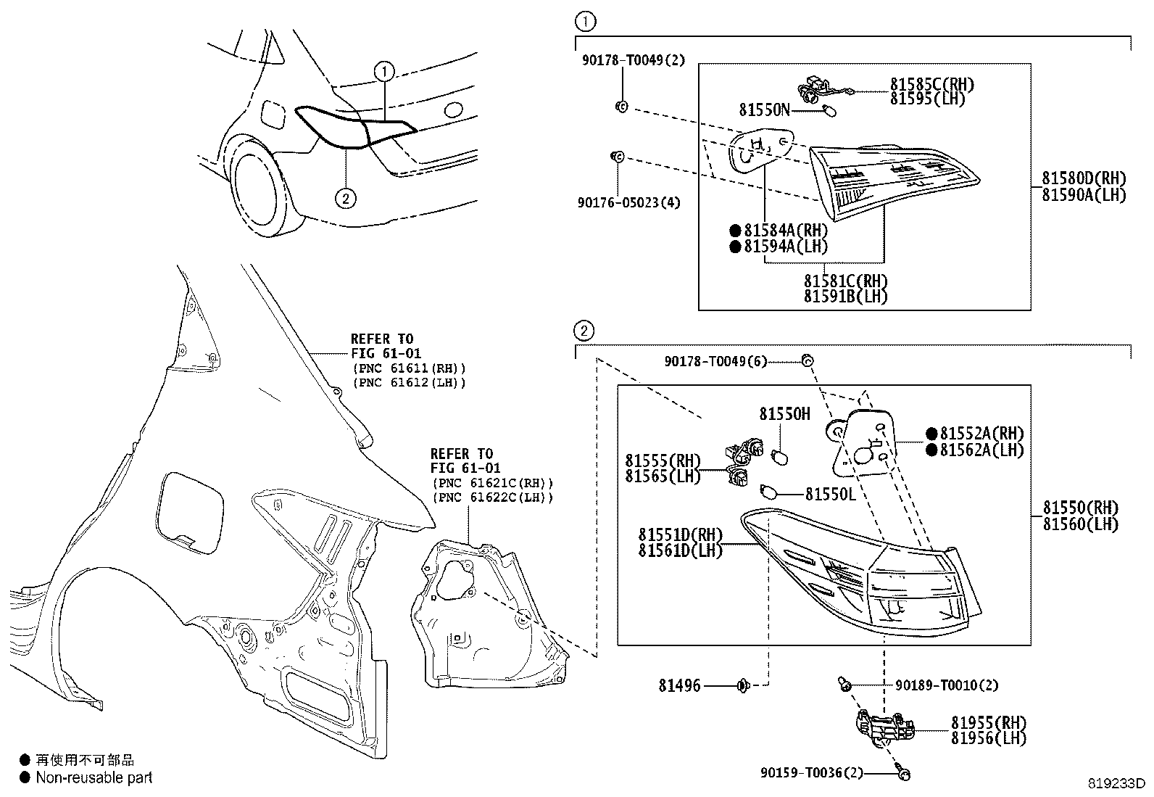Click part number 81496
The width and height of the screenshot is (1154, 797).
pyautogui.click(x=679, y=685)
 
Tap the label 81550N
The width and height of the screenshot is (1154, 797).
pyautogui.click(x=765, y=110)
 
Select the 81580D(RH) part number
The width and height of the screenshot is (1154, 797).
pyautogui.click(x=1084, y=178)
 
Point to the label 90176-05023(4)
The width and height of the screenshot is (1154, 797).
pyautogui.click(x=628, y=202)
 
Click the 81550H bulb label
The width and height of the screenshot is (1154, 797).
pyautogui.click(x=784, y=413)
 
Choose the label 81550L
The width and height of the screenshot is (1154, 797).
pyautogui.click(x=831, y=495)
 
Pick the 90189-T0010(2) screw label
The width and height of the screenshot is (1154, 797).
pyautogui.click(x=947, y=685)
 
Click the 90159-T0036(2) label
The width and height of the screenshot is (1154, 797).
pyautogui.click(x=811, y=773)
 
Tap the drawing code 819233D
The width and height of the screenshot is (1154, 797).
pyautogui.click(x=1116, y=783)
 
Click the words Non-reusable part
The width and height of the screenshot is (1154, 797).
pyautogui.click(x=94, y=777)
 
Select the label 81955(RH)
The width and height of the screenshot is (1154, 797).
pyautogui.click(x=989, y=722)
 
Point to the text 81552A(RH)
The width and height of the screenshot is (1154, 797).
pyautogui.click(x=982, y=434)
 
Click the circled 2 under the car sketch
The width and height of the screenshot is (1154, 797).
pyautogui.click(x=345, y=198)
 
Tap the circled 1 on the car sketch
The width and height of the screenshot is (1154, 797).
pyautogui.click(x=384, y=72)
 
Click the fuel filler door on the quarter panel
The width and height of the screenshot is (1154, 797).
pyautogui.click(x=189, y=513)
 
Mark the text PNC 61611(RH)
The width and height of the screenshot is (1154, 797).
pyautogui.click(x=409, y=368)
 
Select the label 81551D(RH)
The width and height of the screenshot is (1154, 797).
pyautogui.click(x=681, y=534)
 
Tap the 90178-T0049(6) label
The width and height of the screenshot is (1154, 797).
pyautogui.click(x=715, y=361)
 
